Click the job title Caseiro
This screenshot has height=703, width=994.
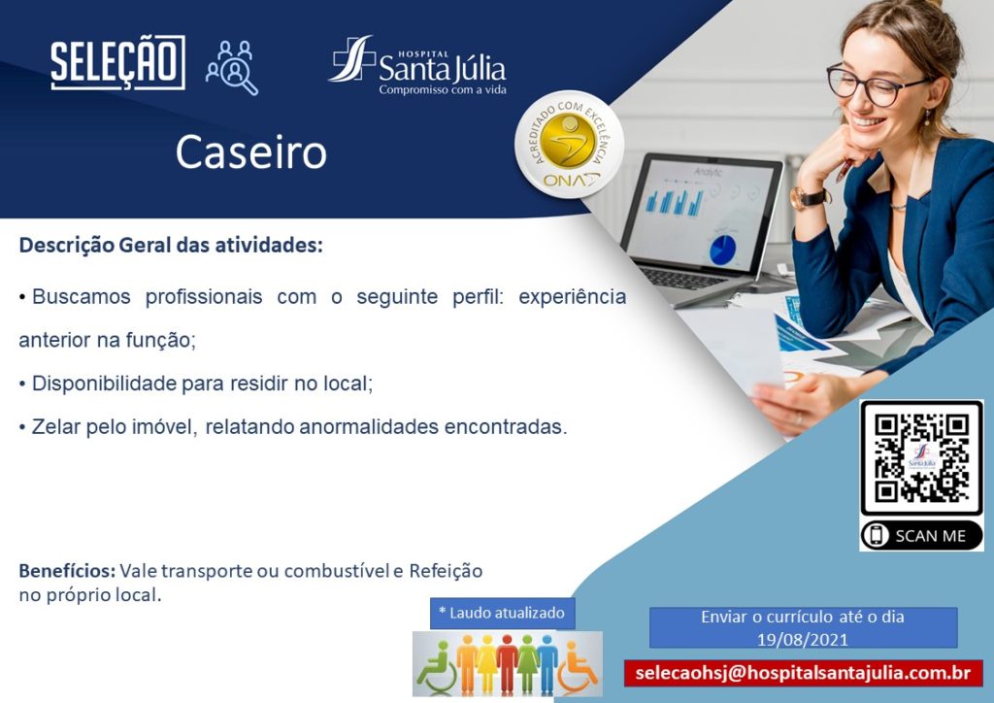(251, 152)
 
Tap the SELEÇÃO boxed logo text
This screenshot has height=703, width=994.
(117, 62)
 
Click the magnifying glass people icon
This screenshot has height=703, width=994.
(232, 68)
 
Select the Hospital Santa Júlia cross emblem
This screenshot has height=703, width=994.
(351, 58)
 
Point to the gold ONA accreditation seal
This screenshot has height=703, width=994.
(569, 144)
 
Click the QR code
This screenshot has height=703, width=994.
(922, 457)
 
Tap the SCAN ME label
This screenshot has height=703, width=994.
(922, 536)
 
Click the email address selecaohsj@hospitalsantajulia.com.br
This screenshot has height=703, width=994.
(803, 673)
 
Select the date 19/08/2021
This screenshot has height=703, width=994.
(803, 639)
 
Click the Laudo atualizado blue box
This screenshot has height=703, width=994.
(502, 613)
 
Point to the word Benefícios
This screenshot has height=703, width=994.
(67, 571)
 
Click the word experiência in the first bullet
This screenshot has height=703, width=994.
(573, 297)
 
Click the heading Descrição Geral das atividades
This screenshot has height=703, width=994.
(171, 245)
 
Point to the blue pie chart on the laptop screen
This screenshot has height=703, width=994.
(722, 250)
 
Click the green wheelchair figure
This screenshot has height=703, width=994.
(436, 666)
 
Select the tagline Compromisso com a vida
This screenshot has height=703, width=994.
(443, 90)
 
